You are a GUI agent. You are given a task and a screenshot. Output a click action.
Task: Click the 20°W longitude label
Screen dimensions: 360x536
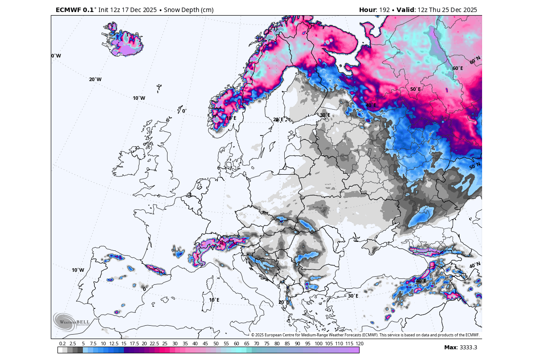pyautogui.click(x=95, y=79)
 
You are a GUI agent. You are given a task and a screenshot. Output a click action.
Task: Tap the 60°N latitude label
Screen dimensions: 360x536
pyautogui.click(x=475, y=59)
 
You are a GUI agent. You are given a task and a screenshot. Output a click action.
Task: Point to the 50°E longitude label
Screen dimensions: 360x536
pyautogui.click(x=415, y=89)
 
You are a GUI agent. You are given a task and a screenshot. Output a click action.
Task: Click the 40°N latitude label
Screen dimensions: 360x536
pyautogui.click(x=475, y=266)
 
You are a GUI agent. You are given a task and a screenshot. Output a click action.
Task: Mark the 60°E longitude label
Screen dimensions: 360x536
pyautogui.click(x=458, y=68)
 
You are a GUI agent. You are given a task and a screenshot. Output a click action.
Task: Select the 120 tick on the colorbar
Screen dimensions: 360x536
pyautogui.click(x=360, y=344)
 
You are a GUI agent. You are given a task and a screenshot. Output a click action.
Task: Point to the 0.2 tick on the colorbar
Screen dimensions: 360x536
pyautogui.click(x=62, y=344)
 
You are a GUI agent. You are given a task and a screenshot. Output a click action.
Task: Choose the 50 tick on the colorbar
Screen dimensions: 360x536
pyautogui.click(x=216, y=344)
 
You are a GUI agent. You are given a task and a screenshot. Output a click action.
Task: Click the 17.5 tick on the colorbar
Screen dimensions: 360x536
pyautogui.click(x=134, y=344)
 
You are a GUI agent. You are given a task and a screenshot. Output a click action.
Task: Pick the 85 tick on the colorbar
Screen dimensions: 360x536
pyautogui.click(x=287, y=344)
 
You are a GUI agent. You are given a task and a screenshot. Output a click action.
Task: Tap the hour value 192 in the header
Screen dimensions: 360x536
pyautogui.click(x=385, y=10)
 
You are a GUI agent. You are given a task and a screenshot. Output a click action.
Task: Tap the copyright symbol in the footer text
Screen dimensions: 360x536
pyautogui.click(x=253, y=335)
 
